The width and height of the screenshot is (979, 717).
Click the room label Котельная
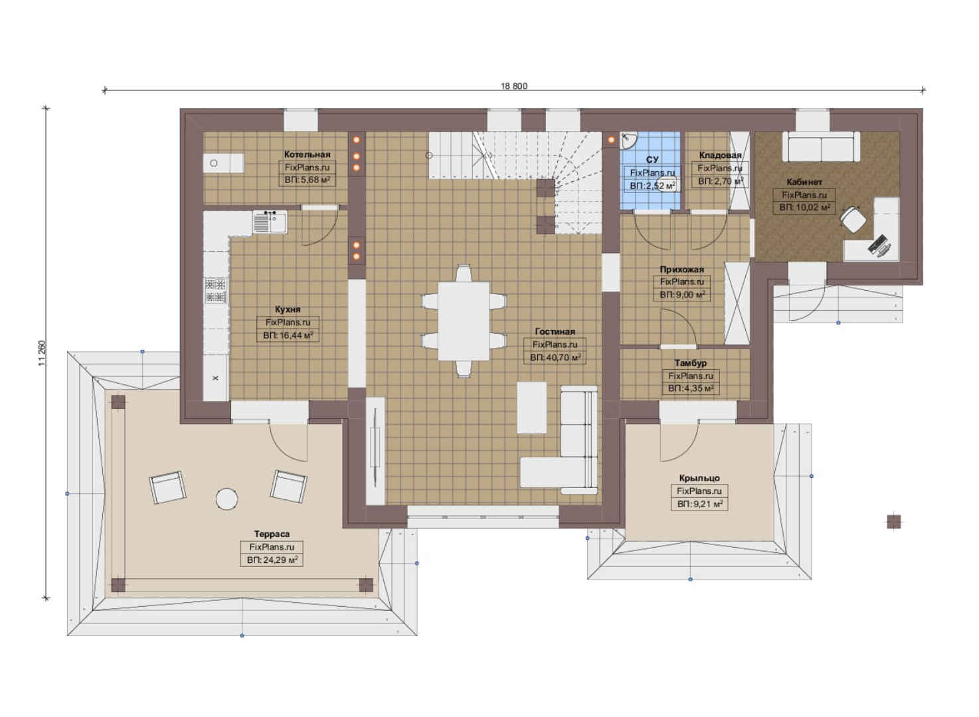click(307, 154)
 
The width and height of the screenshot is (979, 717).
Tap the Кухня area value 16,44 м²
click(288, 335)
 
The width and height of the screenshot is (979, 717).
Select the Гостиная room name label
click(555, 331)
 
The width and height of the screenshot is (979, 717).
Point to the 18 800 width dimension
click(514, 86)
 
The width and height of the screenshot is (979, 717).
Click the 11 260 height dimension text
click(42, 353)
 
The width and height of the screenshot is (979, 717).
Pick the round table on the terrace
click(227, 499)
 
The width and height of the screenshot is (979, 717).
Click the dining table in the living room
click(464, 321)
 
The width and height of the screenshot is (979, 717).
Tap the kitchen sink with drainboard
click(270, 222)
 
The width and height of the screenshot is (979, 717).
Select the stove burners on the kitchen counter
click(215, 291)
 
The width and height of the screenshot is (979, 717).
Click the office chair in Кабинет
click(853, 218)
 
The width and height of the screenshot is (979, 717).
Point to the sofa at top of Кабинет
click(821, 147)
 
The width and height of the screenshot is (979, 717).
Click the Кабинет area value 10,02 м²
click(804, 208)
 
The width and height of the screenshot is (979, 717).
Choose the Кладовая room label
click(720, 155)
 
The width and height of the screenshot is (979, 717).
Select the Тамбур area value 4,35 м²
click(691, 388)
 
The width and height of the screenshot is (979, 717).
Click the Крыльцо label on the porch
click(699, 478)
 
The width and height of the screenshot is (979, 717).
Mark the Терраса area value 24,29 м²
click(272, 560)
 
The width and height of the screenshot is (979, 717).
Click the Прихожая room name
click(682, 269)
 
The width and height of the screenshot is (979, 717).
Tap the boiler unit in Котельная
click(223, 163)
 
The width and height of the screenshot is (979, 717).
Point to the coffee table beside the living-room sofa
click(531, 408)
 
